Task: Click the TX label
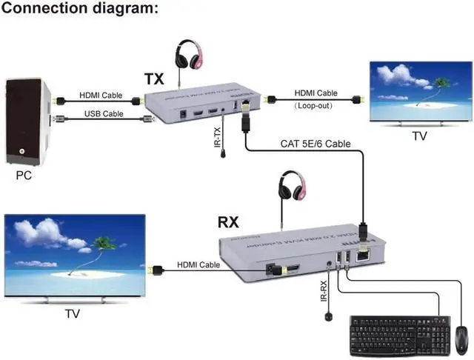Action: pos(154,79)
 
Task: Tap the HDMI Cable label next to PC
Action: pos(101,94)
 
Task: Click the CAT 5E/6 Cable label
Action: pos(316,144)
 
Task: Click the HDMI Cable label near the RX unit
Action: pos(198,264)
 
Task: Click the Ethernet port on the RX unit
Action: pos(364,256)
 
